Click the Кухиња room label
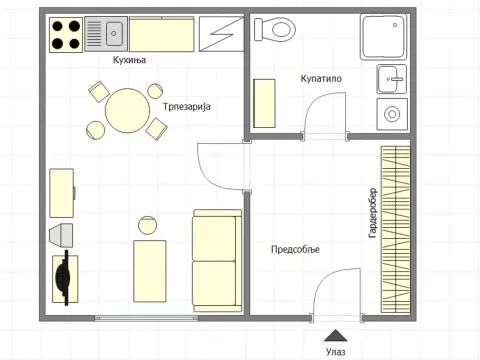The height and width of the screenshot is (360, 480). tap(129, 60)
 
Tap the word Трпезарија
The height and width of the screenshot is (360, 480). tap(187, 107)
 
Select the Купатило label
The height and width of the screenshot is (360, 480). tap(321, 79)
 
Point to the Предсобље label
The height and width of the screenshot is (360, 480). tap(295, 249)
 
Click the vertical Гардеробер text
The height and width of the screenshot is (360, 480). tap(373, 213)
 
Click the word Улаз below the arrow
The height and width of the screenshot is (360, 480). tap(336, 351)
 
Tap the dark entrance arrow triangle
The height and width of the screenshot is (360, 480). tap(336, 336)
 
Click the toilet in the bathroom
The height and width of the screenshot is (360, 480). tap(275, 29)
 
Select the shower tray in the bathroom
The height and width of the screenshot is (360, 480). tap(384, 36)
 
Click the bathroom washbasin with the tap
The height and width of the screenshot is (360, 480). tap(392, 79)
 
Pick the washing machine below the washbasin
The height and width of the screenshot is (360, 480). tap(392, 114)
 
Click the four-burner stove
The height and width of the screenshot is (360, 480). tap(66, 35)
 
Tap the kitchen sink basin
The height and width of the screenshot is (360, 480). tap(114, 33)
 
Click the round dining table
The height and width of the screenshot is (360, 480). tap(127, 111)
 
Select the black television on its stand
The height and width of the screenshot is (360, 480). tap(65, 278)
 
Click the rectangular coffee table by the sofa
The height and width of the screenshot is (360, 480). tap(150, 271)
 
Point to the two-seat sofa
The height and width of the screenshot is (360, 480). tap(217, 261)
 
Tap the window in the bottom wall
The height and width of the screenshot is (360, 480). tap(146, 318)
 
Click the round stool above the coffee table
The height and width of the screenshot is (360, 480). tap(147, 225)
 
